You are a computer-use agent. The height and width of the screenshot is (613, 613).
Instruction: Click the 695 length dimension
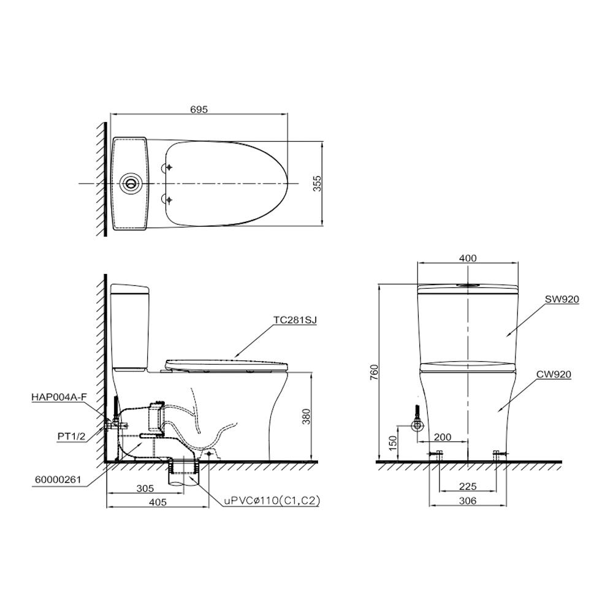click(x=199, y=110)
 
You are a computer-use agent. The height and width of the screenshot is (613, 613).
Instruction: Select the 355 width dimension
click(x=317, y=183)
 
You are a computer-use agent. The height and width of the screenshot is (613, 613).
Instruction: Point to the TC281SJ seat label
click(x=295, y=320)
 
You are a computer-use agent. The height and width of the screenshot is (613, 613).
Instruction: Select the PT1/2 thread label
click(x=72, y=436)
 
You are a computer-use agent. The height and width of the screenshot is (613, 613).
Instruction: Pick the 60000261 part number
click(x=58, y=479)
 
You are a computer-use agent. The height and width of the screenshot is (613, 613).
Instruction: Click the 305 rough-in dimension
click(x=145, y=489)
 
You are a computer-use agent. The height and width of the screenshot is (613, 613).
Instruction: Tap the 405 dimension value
click(x=158, y=503)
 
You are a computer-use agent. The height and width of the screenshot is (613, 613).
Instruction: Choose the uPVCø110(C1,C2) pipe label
click(x=272, y=501)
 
